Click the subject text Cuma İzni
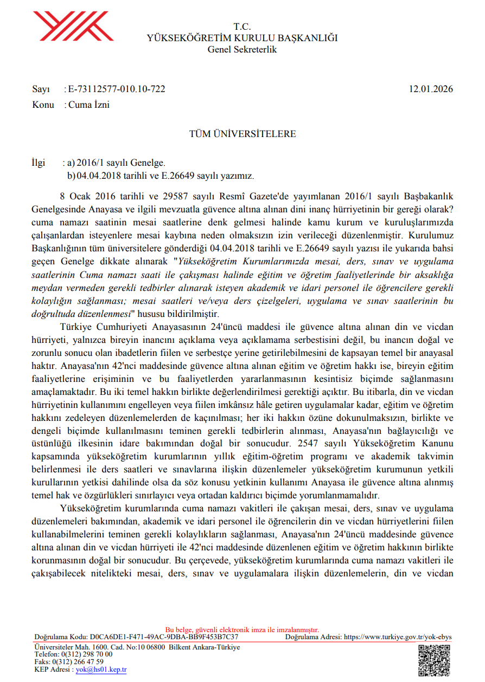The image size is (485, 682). (88, 105)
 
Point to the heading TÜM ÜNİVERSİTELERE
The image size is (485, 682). (242, 134)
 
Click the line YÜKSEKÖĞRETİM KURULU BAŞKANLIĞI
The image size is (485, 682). (242, 38)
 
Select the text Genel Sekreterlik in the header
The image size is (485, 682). (242, 49)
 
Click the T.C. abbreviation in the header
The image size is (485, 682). (242, 27)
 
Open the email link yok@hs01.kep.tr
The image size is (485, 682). (101, 670)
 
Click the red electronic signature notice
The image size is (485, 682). (242, 630)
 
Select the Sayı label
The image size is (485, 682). (41, 89)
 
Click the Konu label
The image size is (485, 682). (43, 105)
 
